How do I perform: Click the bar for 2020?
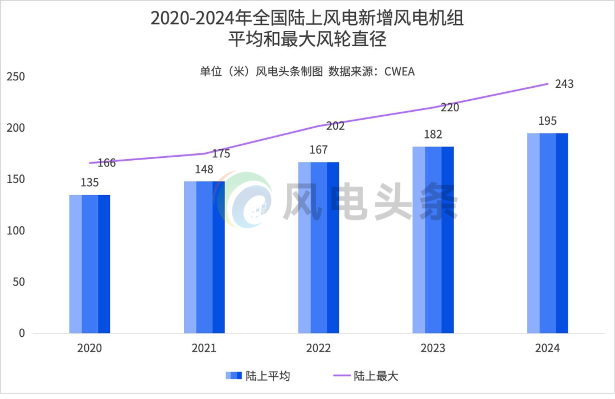[x=90, y=264]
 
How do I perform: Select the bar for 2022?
[x=318, y=247]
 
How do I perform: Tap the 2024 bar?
[x=547, y=233]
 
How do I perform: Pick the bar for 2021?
[x=204, y=257]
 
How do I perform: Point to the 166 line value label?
[x=106, y=163]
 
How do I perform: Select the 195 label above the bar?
[x=547, y=121]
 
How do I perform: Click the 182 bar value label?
[x=433, y=135]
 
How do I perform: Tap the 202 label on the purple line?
[x=335, y=127]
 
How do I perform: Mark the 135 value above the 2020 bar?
[x=89, y=183]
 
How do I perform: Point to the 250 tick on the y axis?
[x=15, y=77]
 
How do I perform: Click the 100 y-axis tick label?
[x=15, y=231]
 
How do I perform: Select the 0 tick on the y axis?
[x=22, y=333]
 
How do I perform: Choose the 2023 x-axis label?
[x=433, y=348]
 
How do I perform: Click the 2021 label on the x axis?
[x=204, y=348]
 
